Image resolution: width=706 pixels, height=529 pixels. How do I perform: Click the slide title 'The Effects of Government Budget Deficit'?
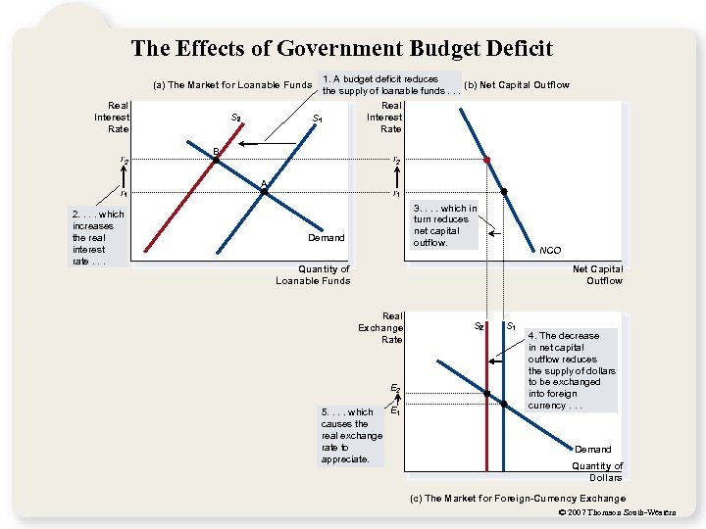[342, 49]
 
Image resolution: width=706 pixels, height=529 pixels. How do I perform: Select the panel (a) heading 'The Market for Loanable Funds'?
[233, 85]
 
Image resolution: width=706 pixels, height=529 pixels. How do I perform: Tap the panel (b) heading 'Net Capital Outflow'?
[516, 85]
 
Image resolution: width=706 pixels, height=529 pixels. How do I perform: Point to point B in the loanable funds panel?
[216, 159]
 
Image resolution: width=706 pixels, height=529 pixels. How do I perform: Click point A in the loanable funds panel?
[264, 192]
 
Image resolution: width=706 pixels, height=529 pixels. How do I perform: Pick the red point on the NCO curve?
[486, 159]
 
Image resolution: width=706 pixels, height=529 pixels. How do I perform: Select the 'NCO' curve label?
[550, 250]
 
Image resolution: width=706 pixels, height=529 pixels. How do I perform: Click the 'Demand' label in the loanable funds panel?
[327, 237]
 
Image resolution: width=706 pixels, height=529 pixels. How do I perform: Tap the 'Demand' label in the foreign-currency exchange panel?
[592, 450]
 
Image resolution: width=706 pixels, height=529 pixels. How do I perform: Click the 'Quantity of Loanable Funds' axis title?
[313, 275]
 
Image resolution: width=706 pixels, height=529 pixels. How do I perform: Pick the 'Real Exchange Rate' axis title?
[380, 327]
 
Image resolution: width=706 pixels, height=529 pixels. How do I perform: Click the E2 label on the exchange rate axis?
[395, 389]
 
